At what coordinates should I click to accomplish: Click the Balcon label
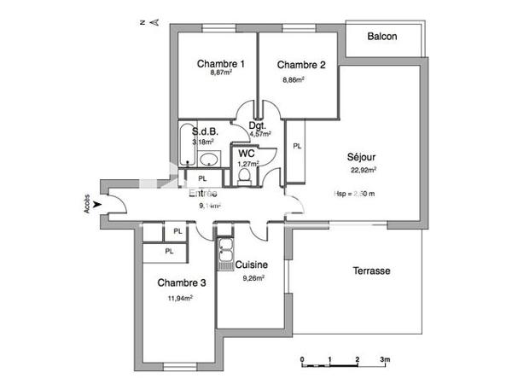pos(382,37)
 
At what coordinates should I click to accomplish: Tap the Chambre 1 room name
pos(221,64)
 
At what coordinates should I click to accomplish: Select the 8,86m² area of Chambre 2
pos(294,79)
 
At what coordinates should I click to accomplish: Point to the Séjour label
pos(362,157)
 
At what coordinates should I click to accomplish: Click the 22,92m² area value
pos(362,169)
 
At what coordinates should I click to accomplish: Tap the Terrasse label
pos(371,271)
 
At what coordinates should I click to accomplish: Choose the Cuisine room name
pos(253,265)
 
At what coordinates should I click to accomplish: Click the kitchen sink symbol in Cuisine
pos(226,253)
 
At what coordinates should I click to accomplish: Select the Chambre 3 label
pos(180,283)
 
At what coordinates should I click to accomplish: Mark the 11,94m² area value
pos(180,298)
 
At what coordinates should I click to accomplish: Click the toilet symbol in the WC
pos(245,174)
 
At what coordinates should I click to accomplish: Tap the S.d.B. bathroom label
pos(206,132)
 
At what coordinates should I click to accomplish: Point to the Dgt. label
pos(258,126)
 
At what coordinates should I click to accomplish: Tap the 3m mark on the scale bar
pos(385,359)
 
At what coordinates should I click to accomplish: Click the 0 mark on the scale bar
pos(302,359)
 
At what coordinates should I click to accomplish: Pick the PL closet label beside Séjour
pos(297,146)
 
